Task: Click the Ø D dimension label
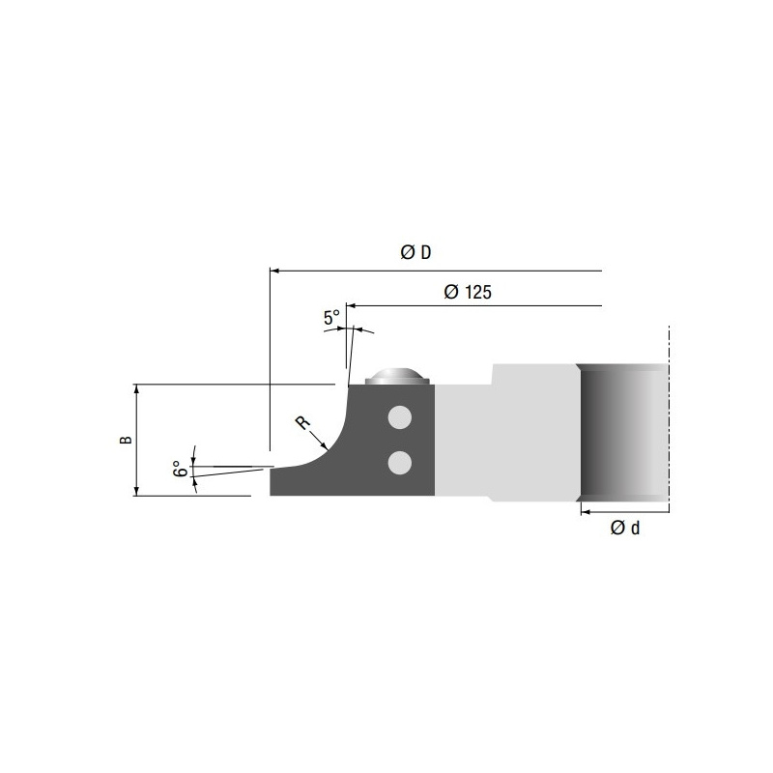(x=415, y=252)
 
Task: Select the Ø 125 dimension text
(x=468, y=292)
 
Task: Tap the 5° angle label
(x=331, y=317)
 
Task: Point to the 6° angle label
(x=180, y=469)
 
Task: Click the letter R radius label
(x=302, y=423)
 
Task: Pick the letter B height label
(x=127, y=440)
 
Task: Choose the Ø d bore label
(x=624, y=528)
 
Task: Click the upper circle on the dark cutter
(x=400, y=418)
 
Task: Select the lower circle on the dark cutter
(x=400, y=463)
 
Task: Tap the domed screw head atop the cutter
(x=397, y=377)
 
